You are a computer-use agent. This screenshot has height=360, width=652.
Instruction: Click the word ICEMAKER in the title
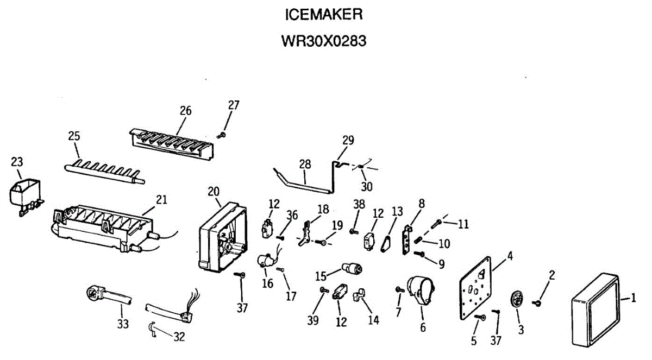pos(323,15)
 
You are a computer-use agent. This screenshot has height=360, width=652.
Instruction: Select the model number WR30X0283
pos(323,41)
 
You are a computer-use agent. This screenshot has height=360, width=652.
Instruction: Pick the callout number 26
pos(186,110)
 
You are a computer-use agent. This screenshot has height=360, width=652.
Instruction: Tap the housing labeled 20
pos(220,239)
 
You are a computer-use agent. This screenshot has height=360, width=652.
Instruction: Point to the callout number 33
pos(123,325)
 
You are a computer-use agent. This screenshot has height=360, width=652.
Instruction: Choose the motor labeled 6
pos(421,290)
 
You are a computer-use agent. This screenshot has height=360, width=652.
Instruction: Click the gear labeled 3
pos(517,301)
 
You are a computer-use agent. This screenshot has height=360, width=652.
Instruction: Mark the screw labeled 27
pos(222,134)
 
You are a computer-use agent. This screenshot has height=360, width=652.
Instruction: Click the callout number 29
pos(348,140)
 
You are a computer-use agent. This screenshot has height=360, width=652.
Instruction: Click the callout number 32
pos(179,337)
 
